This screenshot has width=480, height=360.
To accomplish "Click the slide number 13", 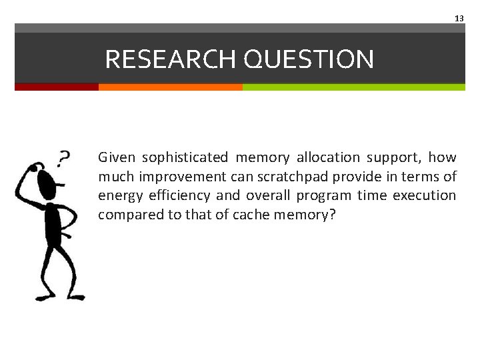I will [x=459, y=19].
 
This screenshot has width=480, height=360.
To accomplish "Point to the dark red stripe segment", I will [x=57, y=87].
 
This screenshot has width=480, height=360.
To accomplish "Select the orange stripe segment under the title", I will [x=170, y=87].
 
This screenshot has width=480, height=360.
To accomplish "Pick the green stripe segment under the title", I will [x=353, y=87].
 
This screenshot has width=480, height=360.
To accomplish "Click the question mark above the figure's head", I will [x=63, y=159].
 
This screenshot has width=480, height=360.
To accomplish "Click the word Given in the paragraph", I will [x=117, y=158].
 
